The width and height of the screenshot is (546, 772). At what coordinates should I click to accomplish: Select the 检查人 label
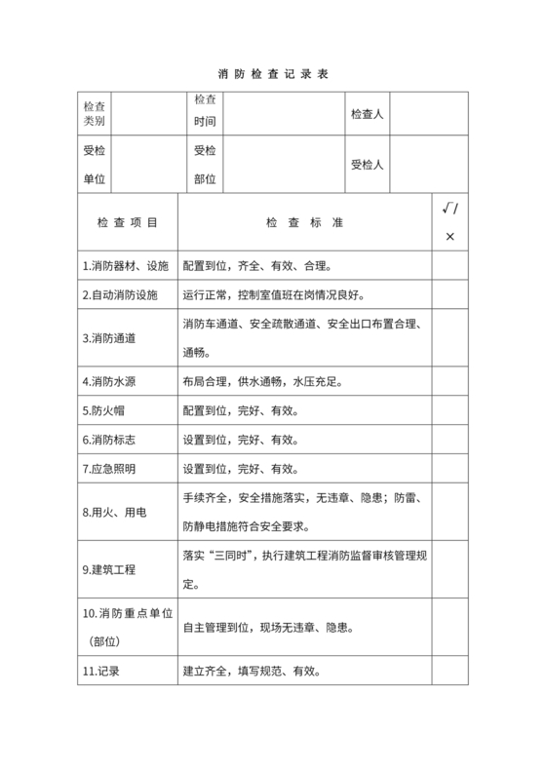click(x=368, y=115)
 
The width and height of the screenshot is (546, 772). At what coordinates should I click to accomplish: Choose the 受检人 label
click(x=368, y=165)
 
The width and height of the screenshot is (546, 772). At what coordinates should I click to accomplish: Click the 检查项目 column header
click(x=127, y=223)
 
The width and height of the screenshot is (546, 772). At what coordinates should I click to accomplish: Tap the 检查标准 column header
click(x=304, y=223)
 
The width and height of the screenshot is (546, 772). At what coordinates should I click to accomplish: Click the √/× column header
click(x=449, y=222)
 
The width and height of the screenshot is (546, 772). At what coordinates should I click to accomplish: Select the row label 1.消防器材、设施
click(x=126, y=266)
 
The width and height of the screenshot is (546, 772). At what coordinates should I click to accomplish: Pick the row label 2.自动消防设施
click(x=120, y=294)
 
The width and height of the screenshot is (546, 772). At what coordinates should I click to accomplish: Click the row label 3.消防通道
click(x=109, y=338)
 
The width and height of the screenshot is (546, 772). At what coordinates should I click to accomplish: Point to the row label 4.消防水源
click(x=109, y=381)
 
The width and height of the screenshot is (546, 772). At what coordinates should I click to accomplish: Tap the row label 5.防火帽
click(x=103, y=410)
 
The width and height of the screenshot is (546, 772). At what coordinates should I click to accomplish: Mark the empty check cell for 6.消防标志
click(x=449, y=440)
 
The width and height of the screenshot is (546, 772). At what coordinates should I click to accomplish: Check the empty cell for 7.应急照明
click(x=449, y=469)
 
